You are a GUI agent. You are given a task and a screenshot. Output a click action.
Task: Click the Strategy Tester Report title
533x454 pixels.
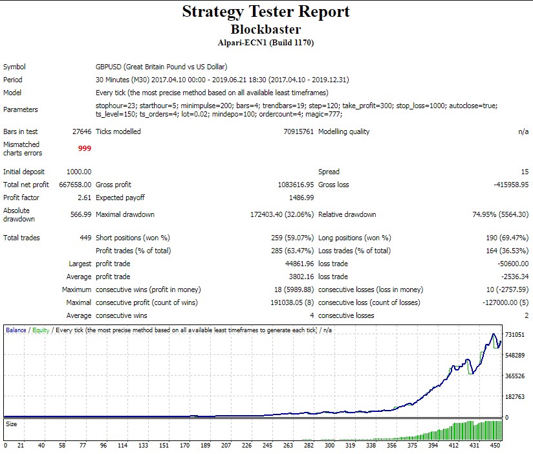pyautogui.click(x=266, y=12)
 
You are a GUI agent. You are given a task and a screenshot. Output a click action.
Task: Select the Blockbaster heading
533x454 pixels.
pyautogui.click(x=266, y=29)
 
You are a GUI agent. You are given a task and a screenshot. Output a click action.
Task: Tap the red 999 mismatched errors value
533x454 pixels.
pyautogui.click(x=84, y=148)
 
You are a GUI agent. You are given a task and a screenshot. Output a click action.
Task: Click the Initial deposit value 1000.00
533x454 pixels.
pyautogui.click(x=79, y=172)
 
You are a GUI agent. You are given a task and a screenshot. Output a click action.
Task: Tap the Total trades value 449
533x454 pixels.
pyautogui.click(x=85, y=238)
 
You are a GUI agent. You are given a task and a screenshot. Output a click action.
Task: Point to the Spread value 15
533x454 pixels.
pyautogui.click(x=524, y=172)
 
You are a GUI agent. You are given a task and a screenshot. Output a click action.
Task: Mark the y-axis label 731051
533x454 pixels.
pyautogui.click(x=515, y=334)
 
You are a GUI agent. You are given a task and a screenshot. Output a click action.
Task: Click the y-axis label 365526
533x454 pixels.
pyautogui.click(x=515, y=376)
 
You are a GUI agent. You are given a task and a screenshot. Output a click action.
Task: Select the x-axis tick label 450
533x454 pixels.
pyautogui.click(x=495, y=446)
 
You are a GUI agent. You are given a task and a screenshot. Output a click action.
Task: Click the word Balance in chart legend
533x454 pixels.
pyautogui.click(x=16, y=330)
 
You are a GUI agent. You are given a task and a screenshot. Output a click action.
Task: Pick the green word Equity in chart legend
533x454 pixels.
pyautogui.click(x=41, y=330)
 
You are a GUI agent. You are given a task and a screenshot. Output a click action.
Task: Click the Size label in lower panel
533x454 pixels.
pyautogui.click(x=11, y=424)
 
